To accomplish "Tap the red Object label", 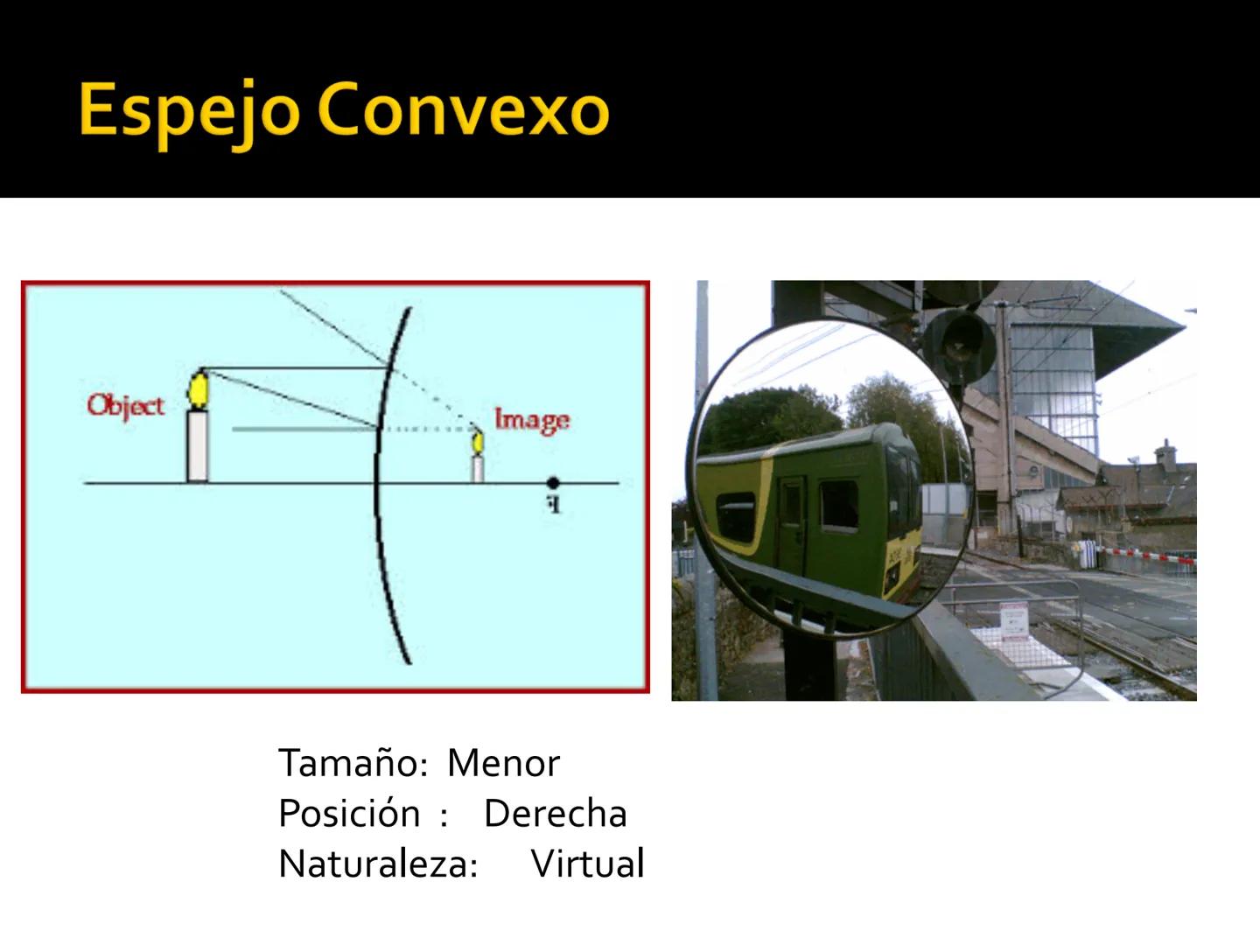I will point(125,406).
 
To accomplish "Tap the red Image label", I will point(531,420).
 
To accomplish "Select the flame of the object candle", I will point(199,390).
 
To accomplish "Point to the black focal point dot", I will point(552,483).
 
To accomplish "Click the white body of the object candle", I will point(198,446).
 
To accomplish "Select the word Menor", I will point(503,764).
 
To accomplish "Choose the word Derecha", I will point(555,814).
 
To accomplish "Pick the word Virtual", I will point(587,864).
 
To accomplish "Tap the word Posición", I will point(349,814).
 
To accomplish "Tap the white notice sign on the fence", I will point(1013,622).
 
